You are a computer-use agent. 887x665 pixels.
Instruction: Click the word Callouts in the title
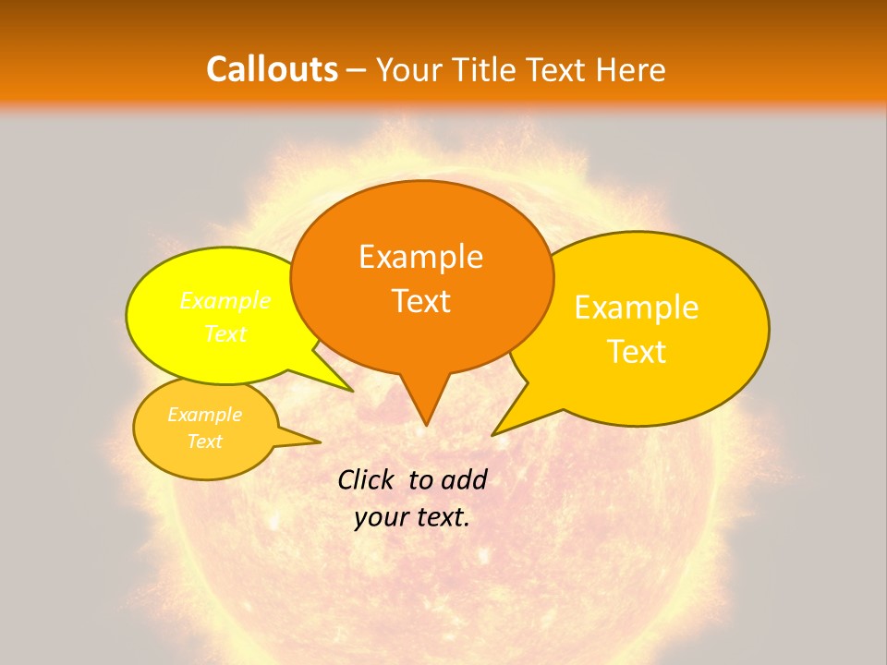(272, 69)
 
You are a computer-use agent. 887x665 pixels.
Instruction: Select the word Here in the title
(631, 69)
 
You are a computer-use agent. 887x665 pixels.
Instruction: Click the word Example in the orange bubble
(420, 257)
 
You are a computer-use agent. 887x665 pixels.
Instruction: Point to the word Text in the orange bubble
(420, 301)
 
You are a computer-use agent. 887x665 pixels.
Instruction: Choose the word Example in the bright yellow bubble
(225, 301)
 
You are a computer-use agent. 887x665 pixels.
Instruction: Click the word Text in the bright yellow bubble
(225, 333)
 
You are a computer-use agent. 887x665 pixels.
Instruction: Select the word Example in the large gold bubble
(637, 308)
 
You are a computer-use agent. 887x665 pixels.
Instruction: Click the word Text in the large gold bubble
(637, 352)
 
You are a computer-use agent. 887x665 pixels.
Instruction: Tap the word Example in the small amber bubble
(204, 415)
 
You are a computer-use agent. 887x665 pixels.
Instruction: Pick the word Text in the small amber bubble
(204, 441)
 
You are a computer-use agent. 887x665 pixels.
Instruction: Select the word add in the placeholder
(463, 479)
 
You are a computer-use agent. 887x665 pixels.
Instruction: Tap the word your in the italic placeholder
(380, 517)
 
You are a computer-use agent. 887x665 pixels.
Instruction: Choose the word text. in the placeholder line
(440, 517)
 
